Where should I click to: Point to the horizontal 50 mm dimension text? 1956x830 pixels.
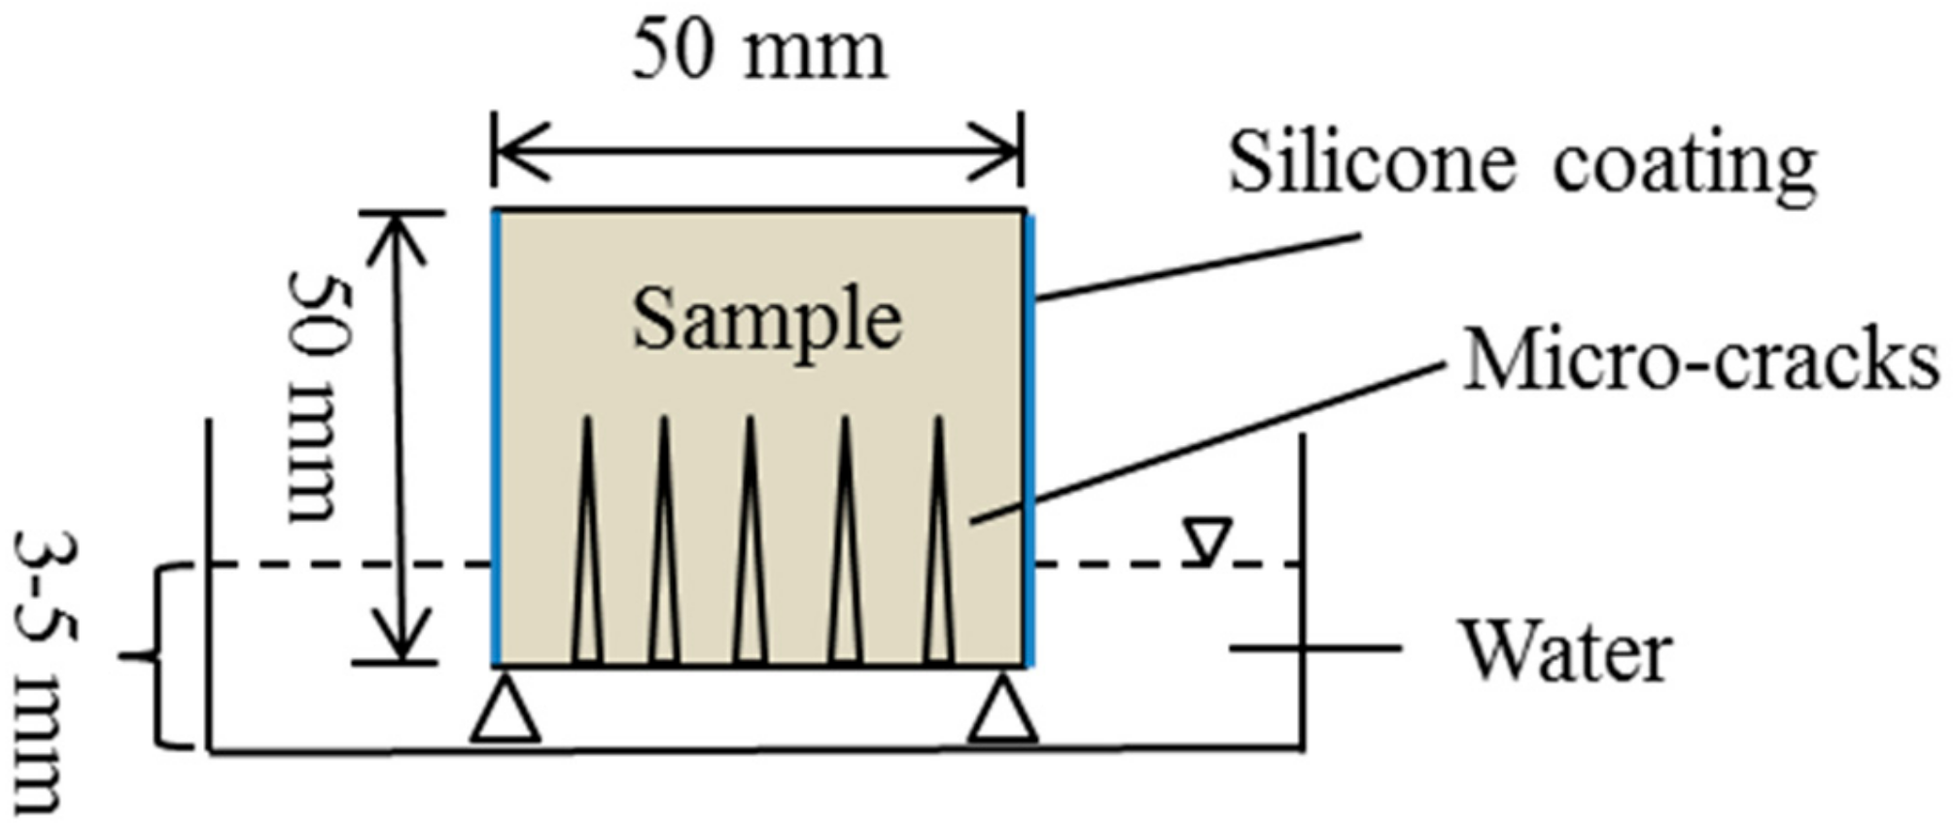click(x=759, y=51)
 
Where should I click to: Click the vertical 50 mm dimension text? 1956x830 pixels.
click(x=313, y=397)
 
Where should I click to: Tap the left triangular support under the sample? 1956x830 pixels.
click(x=505, y=712)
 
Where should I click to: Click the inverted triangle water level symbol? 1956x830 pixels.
click(x=1207, y=539)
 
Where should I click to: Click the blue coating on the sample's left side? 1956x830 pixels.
click(x=496, y=437)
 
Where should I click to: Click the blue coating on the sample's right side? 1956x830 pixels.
click(x=1030, y=437)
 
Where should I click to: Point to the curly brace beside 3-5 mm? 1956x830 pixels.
click(x=156, y=657)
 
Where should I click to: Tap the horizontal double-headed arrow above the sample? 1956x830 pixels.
click(x=757, y=152)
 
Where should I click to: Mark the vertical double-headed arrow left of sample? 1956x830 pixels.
click(x=400, y=437)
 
